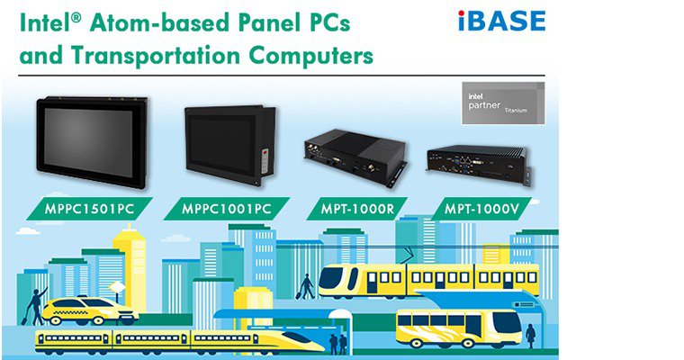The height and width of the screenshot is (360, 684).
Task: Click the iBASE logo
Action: click(501, 19)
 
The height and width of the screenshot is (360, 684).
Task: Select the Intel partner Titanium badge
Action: click(502, 101)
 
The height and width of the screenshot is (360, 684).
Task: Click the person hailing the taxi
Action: click(36, 305)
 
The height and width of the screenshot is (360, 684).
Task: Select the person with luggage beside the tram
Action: click(307, 286)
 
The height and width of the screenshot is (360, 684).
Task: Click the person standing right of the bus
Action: click(530, 335)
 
